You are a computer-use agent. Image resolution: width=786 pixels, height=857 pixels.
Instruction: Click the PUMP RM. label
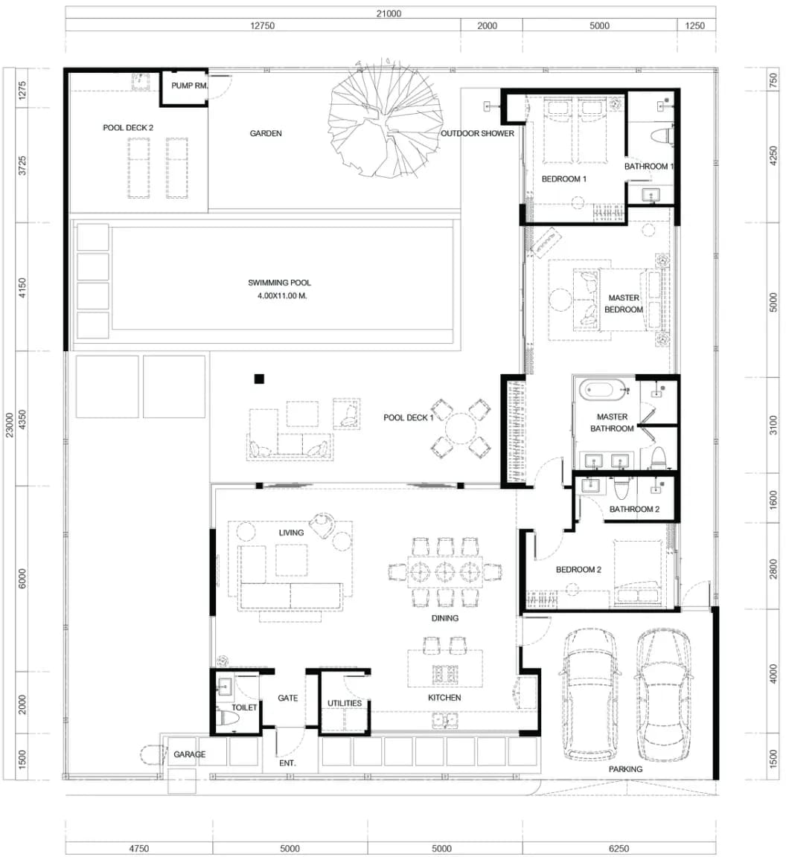[x=189, y=86]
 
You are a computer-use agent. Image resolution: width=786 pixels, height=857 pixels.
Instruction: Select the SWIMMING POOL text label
[x=279, y=283]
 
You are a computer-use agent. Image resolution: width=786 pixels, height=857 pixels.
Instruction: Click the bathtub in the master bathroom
[x=604, y=390]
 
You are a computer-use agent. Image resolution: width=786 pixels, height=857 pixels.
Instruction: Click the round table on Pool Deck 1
[x=461, y=428]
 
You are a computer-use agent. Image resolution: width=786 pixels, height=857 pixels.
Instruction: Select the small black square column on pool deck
[x=259, y=379]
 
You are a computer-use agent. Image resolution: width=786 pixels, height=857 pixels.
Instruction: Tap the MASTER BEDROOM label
[x=624, y=304]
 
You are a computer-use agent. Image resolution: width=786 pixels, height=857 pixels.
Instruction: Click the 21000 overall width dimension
[x=389, y=13]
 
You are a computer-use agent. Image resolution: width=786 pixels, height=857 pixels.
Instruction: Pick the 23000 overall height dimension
[x=9, y=426]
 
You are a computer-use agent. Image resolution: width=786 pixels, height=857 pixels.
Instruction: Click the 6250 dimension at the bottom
[x=619, y=848]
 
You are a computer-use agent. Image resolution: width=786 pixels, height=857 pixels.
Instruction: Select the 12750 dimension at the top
[x=263, y=26]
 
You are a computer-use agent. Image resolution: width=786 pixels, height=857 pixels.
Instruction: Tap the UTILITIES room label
[x=345, y=703]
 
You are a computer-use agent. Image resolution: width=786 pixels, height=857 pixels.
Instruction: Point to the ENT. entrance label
[x=287, y=763]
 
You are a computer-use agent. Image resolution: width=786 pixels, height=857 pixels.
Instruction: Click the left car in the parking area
[x=588, y=694]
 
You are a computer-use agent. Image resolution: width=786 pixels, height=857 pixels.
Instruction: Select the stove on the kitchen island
[x=444, y=675]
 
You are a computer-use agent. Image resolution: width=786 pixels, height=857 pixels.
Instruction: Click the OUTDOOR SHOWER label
[x=478, y=133]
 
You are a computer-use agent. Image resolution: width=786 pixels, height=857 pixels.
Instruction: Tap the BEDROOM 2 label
[x=578, y=570]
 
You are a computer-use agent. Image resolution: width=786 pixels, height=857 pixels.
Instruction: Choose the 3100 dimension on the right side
[x=773, y=425]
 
